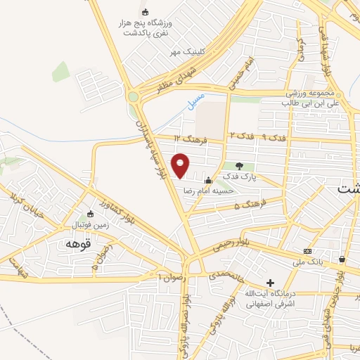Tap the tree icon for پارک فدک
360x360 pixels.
(x=240, y=166)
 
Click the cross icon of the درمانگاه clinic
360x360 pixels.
(x=270, y=282)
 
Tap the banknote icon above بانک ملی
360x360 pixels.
(x=307, y=251)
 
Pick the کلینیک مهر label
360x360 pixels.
(x=185, y=52)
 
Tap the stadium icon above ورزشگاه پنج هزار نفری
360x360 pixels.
(x=146, y=12)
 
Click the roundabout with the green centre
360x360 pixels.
(x=134, y=96)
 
